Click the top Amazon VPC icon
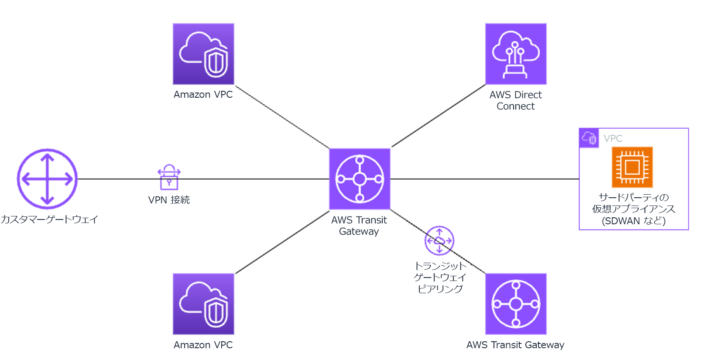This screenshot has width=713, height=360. (x=203, y=54)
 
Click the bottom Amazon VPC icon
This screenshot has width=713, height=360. (x=203, y=304)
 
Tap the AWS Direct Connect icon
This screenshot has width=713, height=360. (x=516, y=54)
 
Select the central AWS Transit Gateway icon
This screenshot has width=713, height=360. (x=360, y=179)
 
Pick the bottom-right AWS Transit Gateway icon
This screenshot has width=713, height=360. (x=516, y=304)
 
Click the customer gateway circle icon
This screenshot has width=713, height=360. (x=47, y=179)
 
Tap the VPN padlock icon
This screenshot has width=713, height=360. (x=169, y=177)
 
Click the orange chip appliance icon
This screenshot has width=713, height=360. (x=632, y=167)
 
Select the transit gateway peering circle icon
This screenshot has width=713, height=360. (x=439, y=240)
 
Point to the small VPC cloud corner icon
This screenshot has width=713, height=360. (x=589, y=138)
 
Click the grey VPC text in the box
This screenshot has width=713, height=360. (x=613, y=139)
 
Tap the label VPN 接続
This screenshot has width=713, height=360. (x=169, y=200)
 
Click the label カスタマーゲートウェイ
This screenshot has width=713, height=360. (x=49, y=219)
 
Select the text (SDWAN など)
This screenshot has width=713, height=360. (x=634, y=221)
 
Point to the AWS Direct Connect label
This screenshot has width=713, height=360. (x=515, y=100)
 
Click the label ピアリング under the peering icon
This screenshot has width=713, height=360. (x=440, y=289)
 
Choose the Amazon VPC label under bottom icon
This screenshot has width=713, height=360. (x=203, y=345)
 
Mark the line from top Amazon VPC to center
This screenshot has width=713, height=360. (x=282, y=117)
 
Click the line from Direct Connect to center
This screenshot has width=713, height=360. (x=439, y=116)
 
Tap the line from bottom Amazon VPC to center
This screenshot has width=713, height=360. (x=282, y=243)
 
